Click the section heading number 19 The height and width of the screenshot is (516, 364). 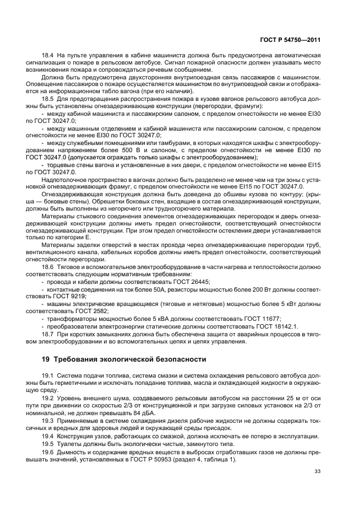[x=46, y=359]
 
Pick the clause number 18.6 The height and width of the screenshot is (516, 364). [x=48, y=267]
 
